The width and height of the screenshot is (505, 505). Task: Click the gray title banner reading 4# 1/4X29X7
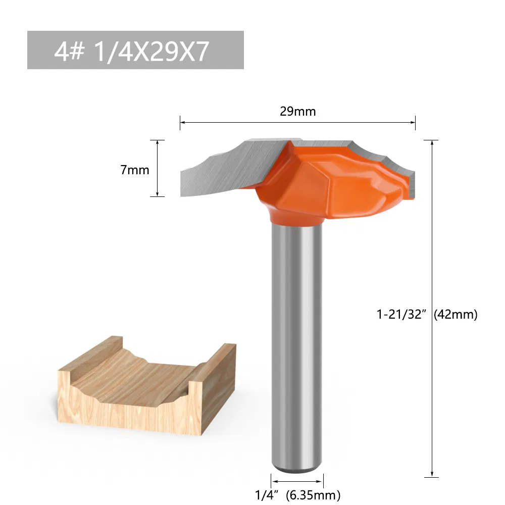point(135,50)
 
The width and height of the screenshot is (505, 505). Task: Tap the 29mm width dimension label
point(297,112)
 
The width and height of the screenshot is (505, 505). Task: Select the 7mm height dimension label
point(135,170)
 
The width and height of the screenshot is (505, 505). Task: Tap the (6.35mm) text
point(313,494)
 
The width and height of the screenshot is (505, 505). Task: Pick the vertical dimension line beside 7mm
point(158,168)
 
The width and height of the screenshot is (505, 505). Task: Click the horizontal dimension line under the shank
point(297,480)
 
